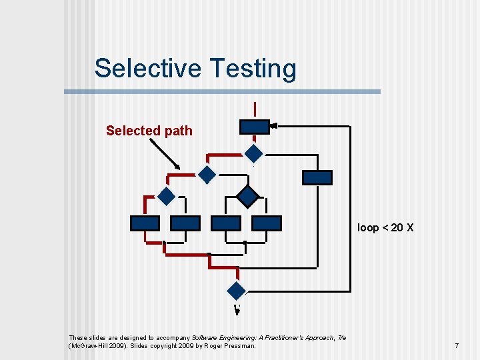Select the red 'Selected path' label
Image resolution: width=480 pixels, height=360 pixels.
pos(149,131)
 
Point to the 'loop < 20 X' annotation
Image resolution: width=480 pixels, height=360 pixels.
pos(385,227)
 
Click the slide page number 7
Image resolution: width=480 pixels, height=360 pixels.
pos(457,345)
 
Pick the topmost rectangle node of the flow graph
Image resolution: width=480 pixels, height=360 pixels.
pos(254,126)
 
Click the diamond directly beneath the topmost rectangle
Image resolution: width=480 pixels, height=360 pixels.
pos(254,153)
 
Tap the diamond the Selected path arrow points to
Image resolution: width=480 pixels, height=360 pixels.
pos(208,175)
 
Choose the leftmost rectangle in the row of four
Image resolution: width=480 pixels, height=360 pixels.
pos(145,223)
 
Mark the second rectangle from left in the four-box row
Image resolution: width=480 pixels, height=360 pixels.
pos(185,223)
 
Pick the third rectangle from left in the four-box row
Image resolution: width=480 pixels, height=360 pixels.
pos(225,223)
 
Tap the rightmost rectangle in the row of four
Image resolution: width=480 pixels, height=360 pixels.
pos(267,223)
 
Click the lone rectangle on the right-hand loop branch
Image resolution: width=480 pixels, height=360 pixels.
pos(317,177)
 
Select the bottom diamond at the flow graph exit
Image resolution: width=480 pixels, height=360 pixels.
pos(237,290)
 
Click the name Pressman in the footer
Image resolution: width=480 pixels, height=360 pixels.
pos(238,346)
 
